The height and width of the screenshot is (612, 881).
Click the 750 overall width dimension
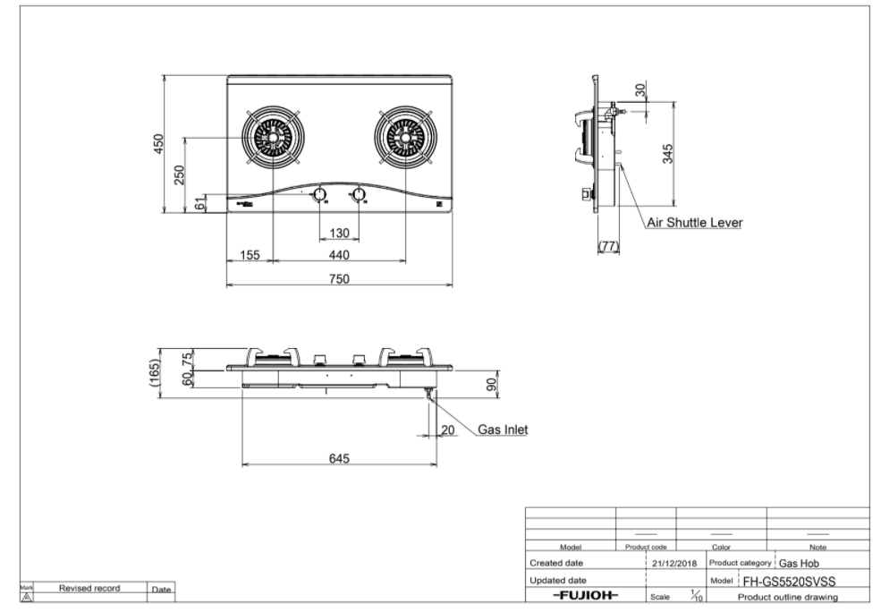(x=337, y=278)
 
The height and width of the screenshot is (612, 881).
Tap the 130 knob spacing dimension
(x=339, y=234)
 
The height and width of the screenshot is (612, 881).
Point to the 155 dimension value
(x=250, y=255)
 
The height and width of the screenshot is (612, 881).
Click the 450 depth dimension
(x=158, y=143)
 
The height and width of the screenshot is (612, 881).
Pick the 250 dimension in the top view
(x=179, y=174)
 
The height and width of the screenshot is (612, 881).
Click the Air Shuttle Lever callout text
(x=694, y=222)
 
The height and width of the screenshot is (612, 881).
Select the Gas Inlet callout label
(x=502, y=429)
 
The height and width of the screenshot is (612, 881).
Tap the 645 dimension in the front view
(x=338, y=459)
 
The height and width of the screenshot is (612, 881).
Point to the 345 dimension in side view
(x=667, y=153)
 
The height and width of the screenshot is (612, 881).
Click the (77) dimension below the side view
(x=608, y=245)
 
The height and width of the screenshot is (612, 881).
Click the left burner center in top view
(x=272, y=137)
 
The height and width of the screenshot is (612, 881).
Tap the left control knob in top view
(x=319, y=195)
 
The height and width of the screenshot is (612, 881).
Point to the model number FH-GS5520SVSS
(x=789, y=581)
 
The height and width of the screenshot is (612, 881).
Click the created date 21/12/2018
(x=675, y=564)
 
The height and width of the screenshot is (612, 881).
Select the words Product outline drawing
(x=787, y=597)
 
